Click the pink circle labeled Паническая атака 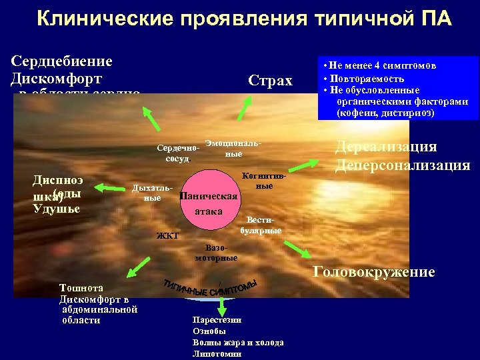(x=208, y=203)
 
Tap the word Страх (x=270, y=81)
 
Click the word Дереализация (x=386, y=147)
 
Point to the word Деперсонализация (x=402, y=165)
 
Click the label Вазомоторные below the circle (x=216, y=252)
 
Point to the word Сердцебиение (x=61, y=61)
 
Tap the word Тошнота (x=81, y=287)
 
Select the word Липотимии (x=217, y=353)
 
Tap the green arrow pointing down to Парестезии (x=221, y=305)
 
